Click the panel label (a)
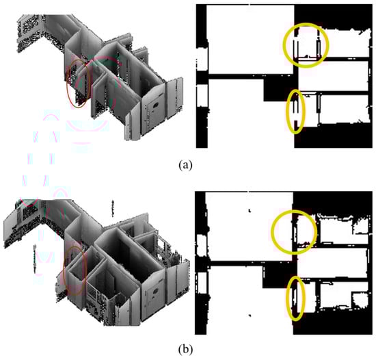pyautogui.click(x=185, y=165)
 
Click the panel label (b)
pyautogui.click(x=185, y=350)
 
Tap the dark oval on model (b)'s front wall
pyautogui.click(x=155, y=292)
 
